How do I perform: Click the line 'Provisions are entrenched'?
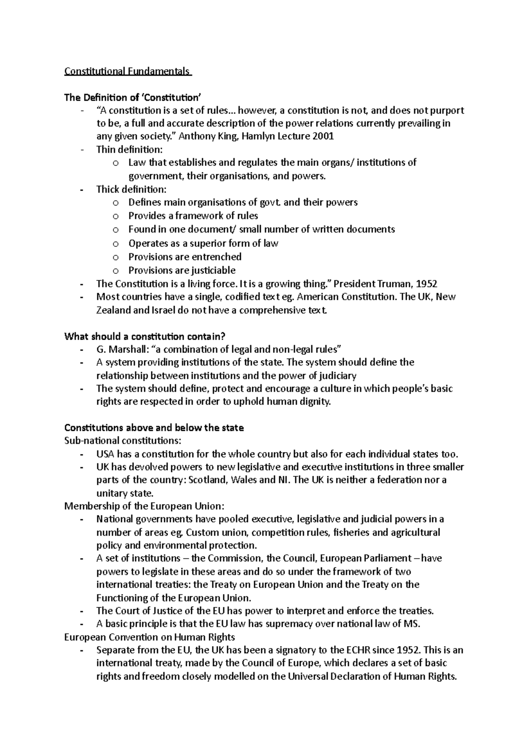185,257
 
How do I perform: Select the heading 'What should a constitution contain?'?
148,336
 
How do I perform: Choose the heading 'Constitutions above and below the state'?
154,428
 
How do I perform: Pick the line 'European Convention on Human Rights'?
150,637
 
